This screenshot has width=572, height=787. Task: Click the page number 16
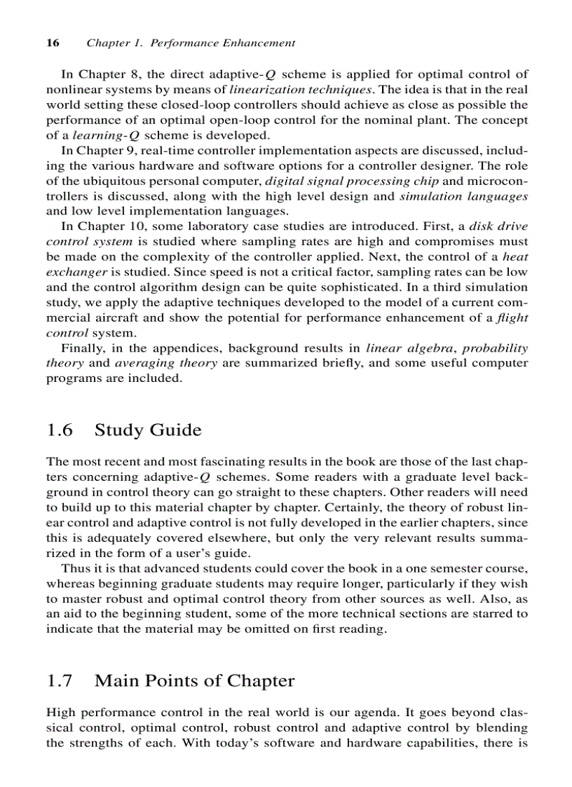(52, 43)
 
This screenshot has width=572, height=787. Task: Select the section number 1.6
(60, 430)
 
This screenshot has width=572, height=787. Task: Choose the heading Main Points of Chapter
(194, 680)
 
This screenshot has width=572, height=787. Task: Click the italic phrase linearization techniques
(300, 90)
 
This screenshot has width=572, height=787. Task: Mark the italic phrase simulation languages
(463, 196)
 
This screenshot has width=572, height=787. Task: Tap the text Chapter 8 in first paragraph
(104, 74)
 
